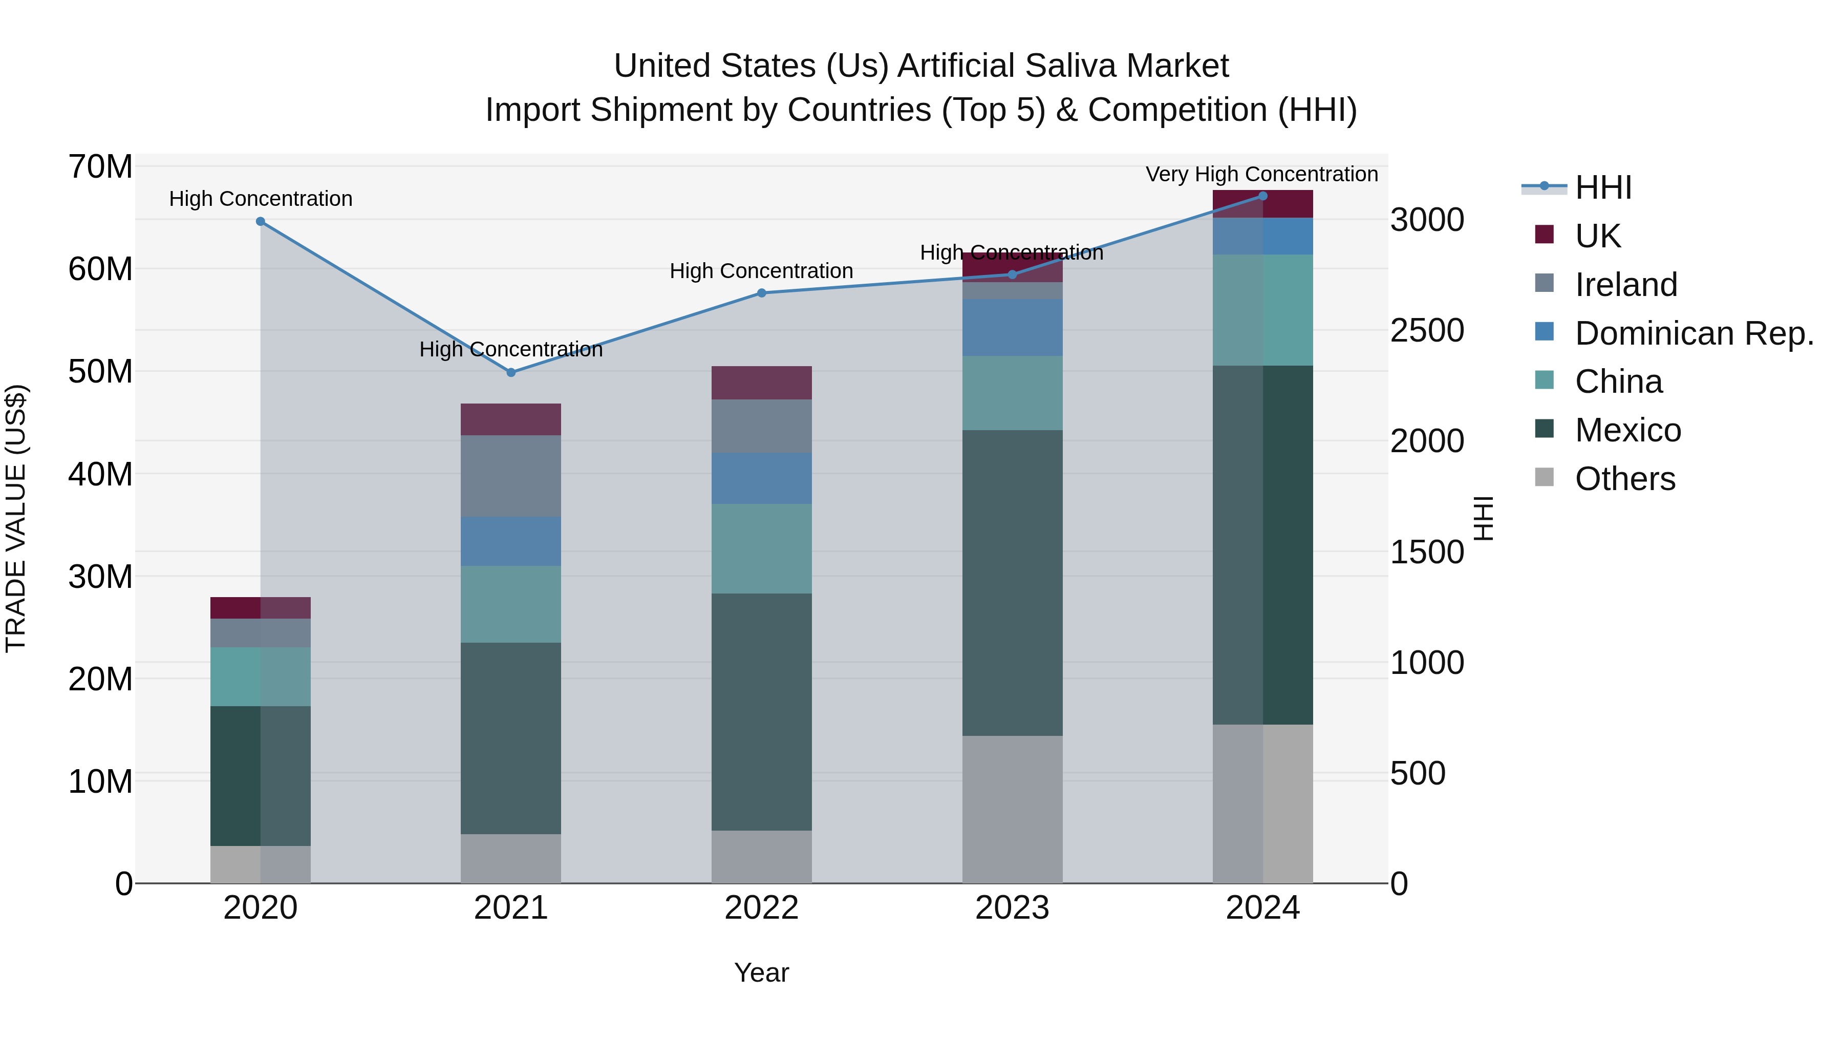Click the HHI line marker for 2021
click(x=511, y=372)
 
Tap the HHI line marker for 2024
click(x=1263, y=196)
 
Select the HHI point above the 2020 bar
click(x=261, y=222)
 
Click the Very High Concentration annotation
click(x=1261, y=174)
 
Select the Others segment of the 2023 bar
click(x=1012, y=809)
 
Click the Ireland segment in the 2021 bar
click(x=511, y=476)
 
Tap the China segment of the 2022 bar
click(x=761, y=548)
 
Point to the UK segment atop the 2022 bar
click(x=761, y=383)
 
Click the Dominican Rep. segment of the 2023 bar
click(x=1012, y=328)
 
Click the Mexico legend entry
click(x=1627, y=431)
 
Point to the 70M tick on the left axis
click(x=100, y=167)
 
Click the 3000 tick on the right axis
click(x=1427, y=220)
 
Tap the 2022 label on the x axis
click(x=761, y=908)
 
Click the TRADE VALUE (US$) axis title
click(x=16, y=518)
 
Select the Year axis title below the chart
click(x=761, y=972)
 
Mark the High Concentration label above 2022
click(x=761, y=271)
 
